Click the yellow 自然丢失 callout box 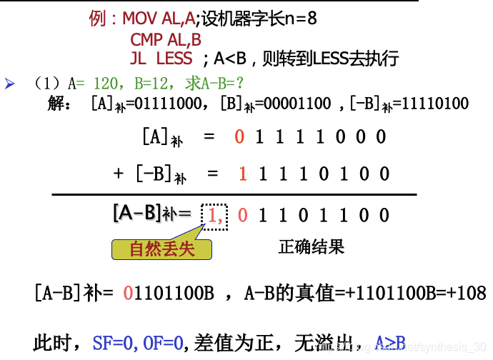[x=162, y=249]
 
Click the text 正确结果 [x=311, y=247]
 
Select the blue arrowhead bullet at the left [x=10, y=84]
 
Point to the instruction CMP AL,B [x=166, y=40]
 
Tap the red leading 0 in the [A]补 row [x=239, y=136]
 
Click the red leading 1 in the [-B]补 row [x=243, y=174]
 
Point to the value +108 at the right [x=467, y=293]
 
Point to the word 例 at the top [x=99, y=19]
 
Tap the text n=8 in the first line [x=302, y=19]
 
